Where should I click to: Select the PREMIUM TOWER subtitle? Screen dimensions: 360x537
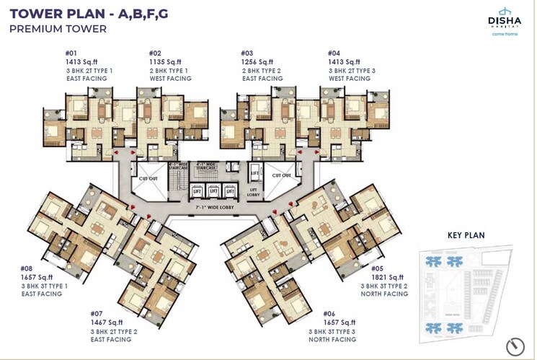[x=58, y=29]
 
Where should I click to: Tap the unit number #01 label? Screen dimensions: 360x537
[x=71, y=53]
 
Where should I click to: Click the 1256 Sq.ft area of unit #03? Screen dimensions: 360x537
[x=257, y=62]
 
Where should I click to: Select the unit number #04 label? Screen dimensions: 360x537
[x=334, y=53]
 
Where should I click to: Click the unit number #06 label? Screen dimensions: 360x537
[x=329, y=313]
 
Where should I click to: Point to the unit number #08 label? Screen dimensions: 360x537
[x=28, y=268]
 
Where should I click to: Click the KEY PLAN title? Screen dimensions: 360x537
[x=466, y=235]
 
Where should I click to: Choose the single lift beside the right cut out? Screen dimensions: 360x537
[x=254, y=173]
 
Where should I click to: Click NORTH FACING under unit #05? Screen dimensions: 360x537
[x=384, y=294]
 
